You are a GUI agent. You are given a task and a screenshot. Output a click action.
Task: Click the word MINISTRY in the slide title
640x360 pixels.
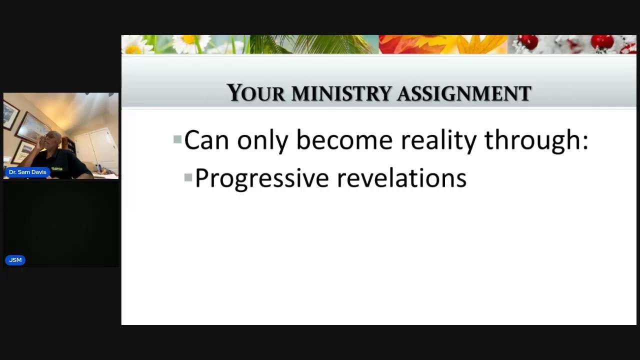coord(341,93)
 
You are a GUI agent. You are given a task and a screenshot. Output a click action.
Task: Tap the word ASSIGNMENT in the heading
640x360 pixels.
coord(464,93)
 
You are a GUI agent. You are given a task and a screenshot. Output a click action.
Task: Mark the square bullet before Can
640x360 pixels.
coord(177,139)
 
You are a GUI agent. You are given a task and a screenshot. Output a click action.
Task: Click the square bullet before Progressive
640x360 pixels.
coord(188,177)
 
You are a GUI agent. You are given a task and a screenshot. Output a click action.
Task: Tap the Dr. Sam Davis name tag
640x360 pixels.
coord(27,172)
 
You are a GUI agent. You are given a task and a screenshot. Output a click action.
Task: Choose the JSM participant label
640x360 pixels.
coord(15,260)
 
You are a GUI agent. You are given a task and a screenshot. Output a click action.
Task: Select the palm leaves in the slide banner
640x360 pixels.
coord(300,44)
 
